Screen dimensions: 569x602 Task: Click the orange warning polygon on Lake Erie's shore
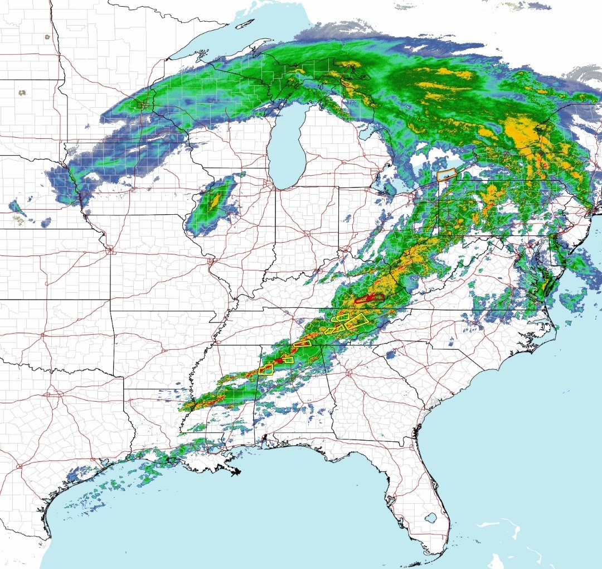447,175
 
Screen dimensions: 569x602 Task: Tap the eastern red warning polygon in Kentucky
377,297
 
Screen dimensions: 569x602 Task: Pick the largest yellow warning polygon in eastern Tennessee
359,319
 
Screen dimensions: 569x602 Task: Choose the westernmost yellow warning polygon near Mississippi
266,369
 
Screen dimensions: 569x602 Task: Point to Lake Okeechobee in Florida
430,518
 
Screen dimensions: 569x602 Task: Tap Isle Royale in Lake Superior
244,25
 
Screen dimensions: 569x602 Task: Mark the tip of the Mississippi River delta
237,472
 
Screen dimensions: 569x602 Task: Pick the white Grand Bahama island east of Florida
491,524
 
